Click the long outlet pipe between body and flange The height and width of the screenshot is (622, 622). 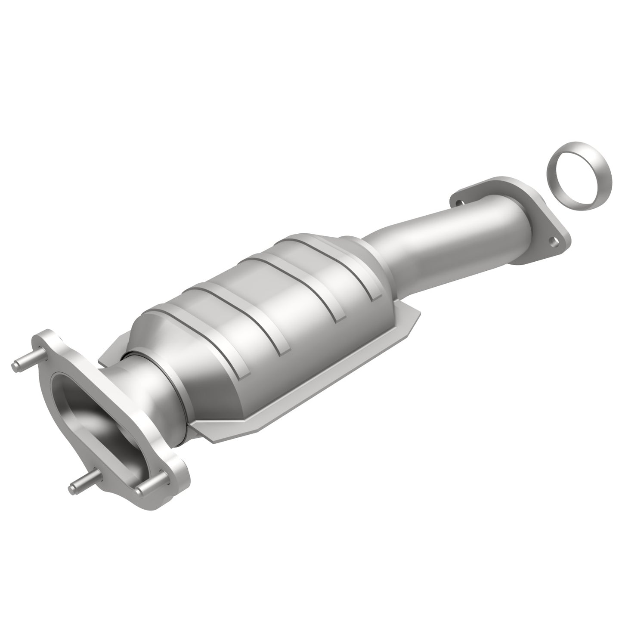pos(439,245)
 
